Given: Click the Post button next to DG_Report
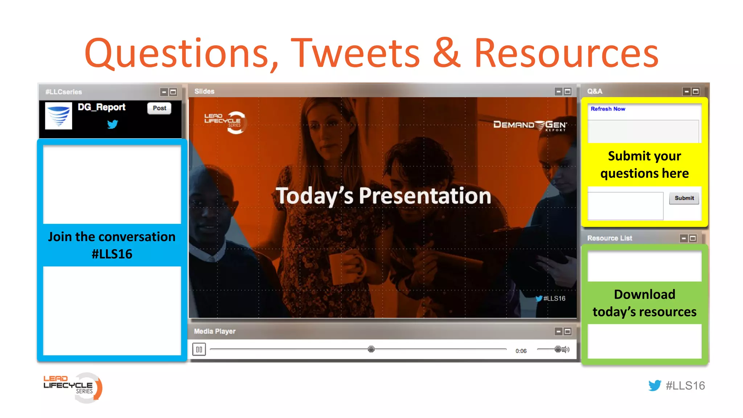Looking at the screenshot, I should click(159, 108).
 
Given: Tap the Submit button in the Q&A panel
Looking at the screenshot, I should click(684, 198).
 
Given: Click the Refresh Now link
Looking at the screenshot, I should click(608, 109).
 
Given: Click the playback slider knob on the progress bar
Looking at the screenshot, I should click(371, 349).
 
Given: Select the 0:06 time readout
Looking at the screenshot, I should click(521, 351).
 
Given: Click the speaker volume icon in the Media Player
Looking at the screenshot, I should click(566, 349).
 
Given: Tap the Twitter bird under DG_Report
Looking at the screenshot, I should click(112, 124).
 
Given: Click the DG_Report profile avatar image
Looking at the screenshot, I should click(58, 116).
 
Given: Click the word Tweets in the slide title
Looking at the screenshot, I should click(355, 54).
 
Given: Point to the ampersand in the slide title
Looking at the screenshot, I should click(447, 54).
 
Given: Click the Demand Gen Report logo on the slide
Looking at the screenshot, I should click(530, 125).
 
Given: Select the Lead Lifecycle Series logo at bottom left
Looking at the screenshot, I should click(73, 388).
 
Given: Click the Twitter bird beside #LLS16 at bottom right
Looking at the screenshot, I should click(654, 385).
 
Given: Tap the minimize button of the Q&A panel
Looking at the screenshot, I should click(686, 91).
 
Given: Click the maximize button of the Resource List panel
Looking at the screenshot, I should click(693, 238).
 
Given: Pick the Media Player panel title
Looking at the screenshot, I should click(214, 331).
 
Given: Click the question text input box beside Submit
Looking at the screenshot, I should click(625, 206).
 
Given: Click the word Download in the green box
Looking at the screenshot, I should click(644, 294).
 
